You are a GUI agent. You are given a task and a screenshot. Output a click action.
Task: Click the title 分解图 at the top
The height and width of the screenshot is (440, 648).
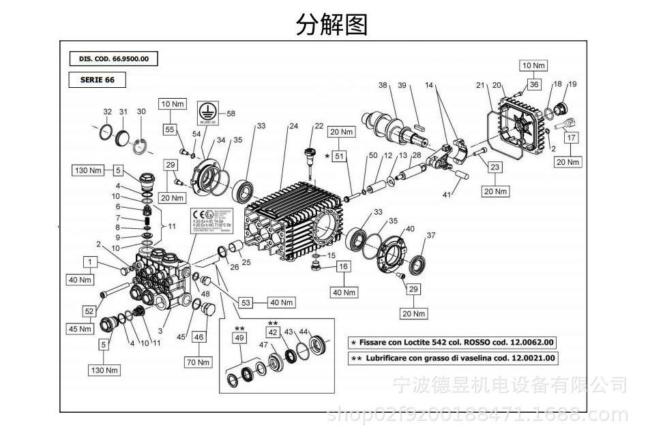pyautogui.click(x=332, y=25)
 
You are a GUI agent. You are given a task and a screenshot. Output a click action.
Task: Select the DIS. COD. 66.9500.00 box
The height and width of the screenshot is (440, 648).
pyautogui.click(x=113, y=59)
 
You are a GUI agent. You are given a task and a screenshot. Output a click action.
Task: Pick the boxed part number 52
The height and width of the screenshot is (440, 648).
pyautogui.click(x=89, y=311)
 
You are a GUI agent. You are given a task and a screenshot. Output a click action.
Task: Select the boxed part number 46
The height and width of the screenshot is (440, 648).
pyautogui.click(x=198, y=336)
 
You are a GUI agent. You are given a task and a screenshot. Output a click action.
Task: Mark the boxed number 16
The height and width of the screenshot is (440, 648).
pyautogui.click(x=343, y=267)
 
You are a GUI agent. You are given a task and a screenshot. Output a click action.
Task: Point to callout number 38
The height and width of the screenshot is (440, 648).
pyautogui.click(x=383, y=85)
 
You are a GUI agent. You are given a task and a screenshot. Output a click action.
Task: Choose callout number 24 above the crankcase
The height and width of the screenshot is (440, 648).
pyautogui.click(x=293, y=126)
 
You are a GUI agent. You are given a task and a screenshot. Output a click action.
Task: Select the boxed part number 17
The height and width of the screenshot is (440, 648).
pyautogui.click(x=571, y=138)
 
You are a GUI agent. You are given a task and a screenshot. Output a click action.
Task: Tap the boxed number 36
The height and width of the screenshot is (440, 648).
pyautogui.click(x=534, y=84)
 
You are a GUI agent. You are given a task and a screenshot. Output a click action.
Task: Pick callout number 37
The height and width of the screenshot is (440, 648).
pyautogui.click(x=430, y=236)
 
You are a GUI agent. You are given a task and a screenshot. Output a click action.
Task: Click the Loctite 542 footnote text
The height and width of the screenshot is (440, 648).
pyautogui.click(x=452, y=342)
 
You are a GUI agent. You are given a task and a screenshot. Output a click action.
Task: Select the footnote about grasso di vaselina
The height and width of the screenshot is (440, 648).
pyautogui.click(x=452, y=358)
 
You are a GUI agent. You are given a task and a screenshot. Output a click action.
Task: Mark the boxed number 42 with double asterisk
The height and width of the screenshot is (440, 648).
pyautogui.click(x=272, y=332)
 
